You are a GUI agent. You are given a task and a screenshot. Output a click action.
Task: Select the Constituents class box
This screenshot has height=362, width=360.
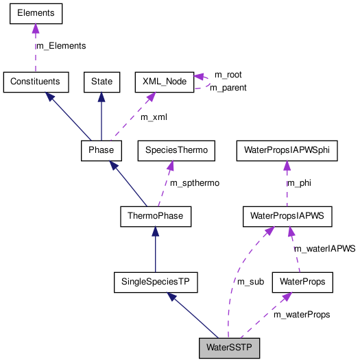[36, 82]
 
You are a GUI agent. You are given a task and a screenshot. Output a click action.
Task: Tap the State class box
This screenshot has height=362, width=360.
[101, 82]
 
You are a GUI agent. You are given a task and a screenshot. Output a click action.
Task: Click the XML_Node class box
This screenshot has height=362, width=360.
[164, 82]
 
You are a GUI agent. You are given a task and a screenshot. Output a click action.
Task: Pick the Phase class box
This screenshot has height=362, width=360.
[101, 149]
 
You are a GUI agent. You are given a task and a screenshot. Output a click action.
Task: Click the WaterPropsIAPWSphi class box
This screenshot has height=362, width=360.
[287, 149]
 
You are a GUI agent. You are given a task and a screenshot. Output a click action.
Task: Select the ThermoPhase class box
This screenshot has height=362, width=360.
[155, 217]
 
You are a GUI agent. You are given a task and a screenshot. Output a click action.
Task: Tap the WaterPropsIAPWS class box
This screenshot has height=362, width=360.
[287, 217]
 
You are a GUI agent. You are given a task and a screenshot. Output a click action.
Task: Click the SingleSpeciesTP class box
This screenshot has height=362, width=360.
[155, 281]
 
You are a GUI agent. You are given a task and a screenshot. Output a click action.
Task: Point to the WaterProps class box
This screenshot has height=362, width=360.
[302, 281]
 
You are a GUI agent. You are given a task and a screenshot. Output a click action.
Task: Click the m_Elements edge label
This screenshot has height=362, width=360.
[61, 46]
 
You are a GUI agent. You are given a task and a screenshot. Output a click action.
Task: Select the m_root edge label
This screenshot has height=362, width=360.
[228, 74]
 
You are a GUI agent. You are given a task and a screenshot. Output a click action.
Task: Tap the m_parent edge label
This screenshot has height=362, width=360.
[228, 87]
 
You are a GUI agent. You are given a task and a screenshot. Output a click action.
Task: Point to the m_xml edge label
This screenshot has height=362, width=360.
[154, 117]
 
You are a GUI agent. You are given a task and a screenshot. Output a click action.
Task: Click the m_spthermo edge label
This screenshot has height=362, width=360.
[195, 183]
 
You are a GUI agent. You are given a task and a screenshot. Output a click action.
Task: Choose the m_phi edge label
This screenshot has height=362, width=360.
[298, 183]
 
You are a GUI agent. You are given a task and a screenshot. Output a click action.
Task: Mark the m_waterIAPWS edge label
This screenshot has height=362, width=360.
[324, 249]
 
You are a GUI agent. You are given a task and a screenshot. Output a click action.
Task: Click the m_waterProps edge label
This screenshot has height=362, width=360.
[302, 314]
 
